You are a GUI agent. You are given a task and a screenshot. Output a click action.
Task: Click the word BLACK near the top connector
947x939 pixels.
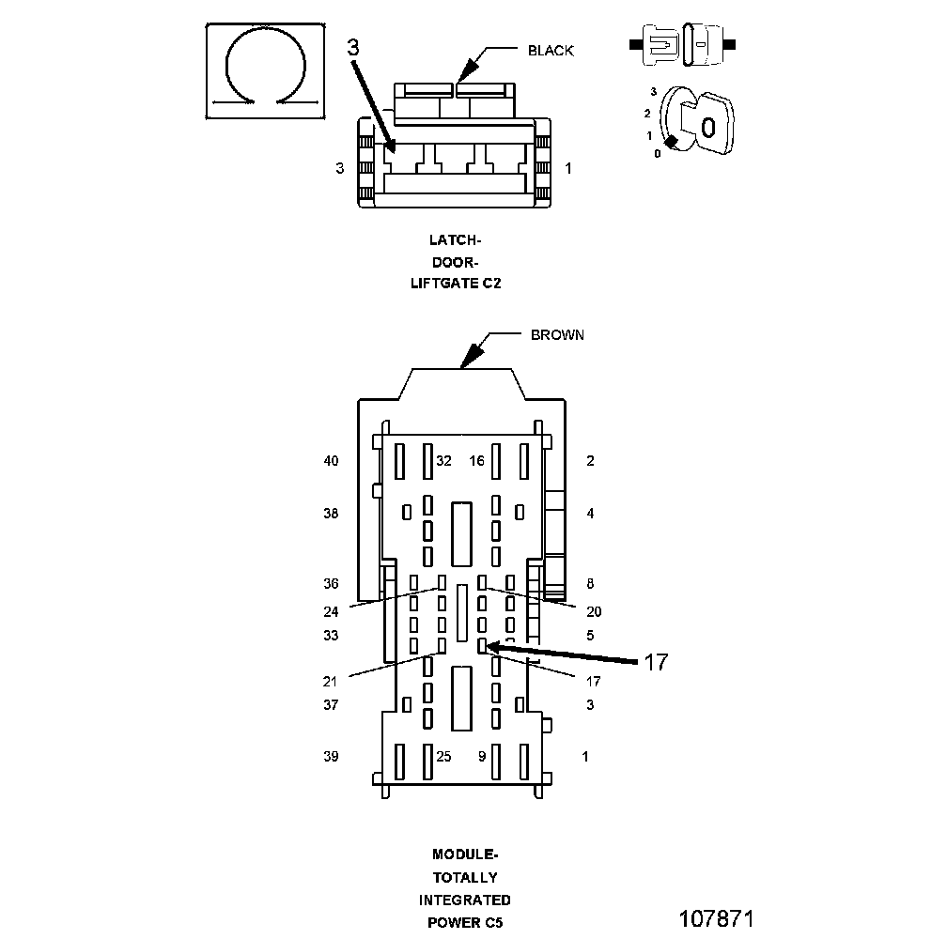coord(550,51)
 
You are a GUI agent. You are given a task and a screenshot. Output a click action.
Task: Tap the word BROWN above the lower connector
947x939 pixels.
coord(557,335)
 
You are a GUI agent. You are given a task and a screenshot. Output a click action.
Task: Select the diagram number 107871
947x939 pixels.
coord(716,916)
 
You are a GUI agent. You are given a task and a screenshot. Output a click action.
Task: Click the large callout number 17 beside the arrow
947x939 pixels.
coord(655,662)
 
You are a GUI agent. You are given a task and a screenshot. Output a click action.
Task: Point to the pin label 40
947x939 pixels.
coord(331,461)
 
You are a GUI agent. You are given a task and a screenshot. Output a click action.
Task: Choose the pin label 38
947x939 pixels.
coord(331,514)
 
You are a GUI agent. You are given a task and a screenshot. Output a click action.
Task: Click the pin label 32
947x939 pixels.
coord(444,461)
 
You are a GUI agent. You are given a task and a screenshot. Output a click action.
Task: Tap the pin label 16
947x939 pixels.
coord(477,461)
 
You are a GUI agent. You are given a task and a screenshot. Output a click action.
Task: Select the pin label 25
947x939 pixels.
coord(443,756)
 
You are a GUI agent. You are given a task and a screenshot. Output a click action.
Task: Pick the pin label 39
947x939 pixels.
coord(331,756)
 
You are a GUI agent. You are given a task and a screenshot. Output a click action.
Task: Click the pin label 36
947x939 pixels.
coord(331,583)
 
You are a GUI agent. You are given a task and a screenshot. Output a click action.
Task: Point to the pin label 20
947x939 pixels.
coord(594,611)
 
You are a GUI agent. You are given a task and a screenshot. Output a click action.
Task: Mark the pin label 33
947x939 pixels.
coord(331,635)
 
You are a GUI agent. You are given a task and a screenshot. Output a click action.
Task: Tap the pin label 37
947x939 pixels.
coord(331,704)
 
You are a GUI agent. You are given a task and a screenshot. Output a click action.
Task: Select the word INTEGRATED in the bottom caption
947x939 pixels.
coord(465,900)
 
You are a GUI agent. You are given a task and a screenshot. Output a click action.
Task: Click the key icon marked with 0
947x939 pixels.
coord(707,122)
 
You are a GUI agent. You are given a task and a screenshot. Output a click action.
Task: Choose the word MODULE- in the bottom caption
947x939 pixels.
coord(465,854)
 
